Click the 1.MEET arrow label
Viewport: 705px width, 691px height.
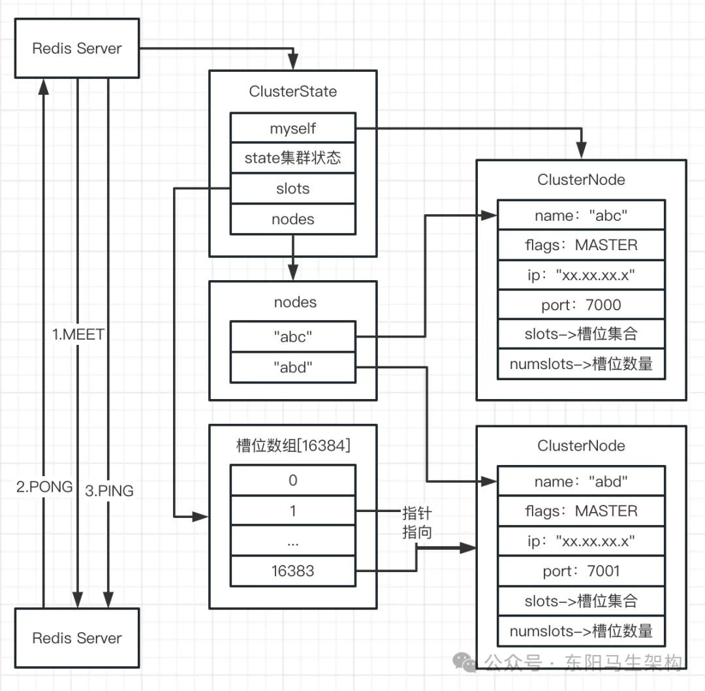point(78,335)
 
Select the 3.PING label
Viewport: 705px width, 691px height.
point(109,490)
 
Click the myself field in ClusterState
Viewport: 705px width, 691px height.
point(292,129)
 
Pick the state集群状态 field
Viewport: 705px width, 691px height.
point(292,159)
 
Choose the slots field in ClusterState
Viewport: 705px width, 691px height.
point(292,189)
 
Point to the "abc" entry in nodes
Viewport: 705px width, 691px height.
point(292,337)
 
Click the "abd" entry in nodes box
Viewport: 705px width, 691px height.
point(292,368)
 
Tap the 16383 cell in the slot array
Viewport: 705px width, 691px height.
point(292,571)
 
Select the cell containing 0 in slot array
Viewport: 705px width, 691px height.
point(292,481)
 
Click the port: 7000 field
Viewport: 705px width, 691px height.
point(581,305)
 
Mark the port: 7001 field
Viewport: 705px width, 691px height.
point(581,571)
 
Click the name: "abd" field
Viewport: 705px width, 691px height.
point(581,482)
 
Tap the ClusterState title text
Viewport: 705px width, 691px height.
point(292,91)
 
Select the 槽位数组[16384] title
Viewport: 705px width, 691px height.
point(292,446)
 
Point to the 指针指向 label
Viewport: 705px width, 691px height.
point(417,522)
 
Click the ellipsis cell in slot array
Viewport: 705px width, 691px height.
point(292,541)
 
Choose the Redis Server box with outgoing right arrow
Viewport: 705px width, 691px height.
point(77,48)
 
